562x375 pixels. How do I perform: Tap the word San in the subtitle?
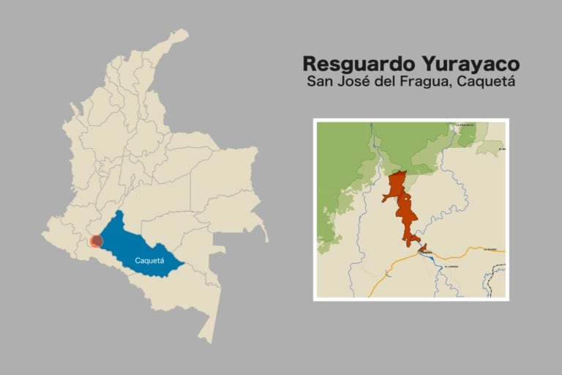click(321, 81)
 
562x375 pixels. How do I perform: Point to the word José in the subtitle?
click(356, 81)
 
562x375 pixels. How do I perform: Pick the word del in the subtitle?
click(391, 81)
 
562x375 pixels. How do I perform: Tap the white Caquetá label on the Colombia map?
click(149, 260)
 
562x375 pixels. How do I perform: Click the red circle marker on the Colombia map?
click(96, 241)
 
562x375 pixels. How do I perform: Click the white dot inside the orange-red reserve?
click(404, 198)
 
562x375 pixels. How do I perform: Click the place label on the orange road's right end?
click(490, 250)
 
